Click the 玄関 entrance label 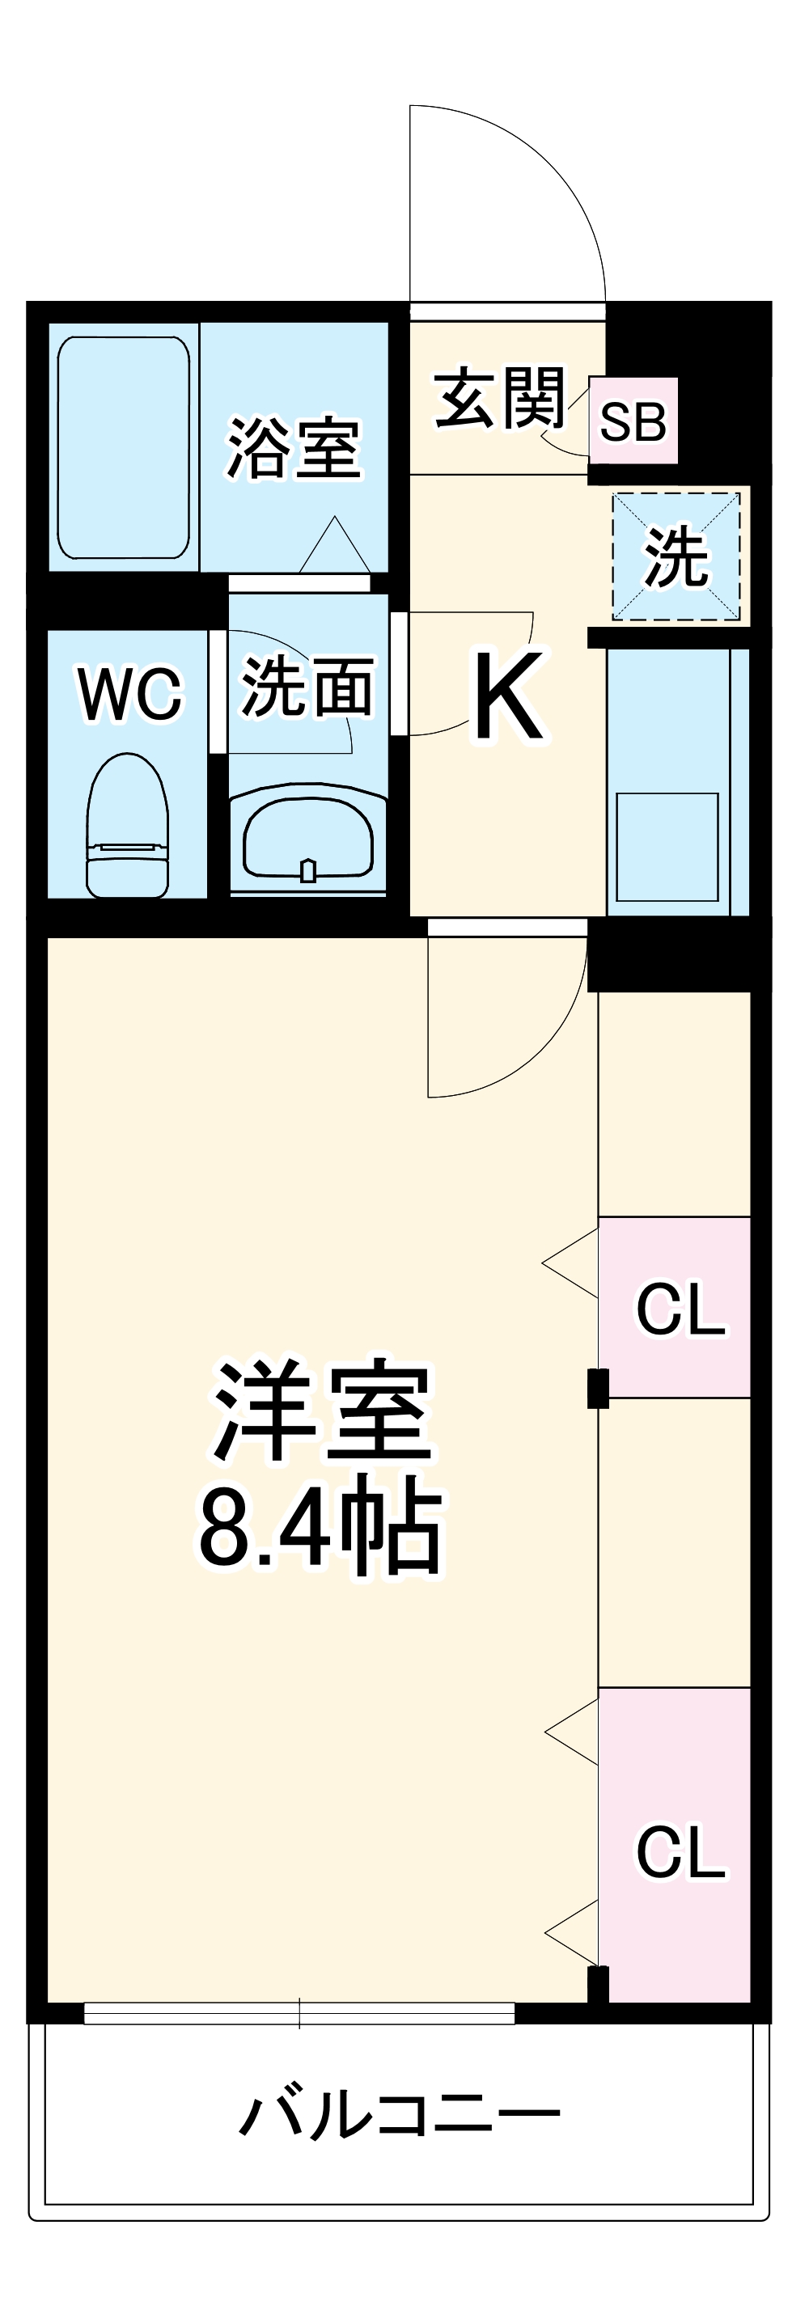[499, 397]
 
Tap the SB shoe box [633, 421]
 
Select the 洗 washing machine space [676, 555]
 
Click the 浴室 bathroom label [294, 447]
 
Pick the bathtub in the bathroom [123, 447]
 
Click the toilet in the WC [127, 826]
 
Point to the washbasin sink [307, 840]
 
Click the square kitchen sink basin [667, 846]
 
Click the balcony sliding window [299, 2014]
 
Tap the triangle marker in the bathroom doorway [335, 546]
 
